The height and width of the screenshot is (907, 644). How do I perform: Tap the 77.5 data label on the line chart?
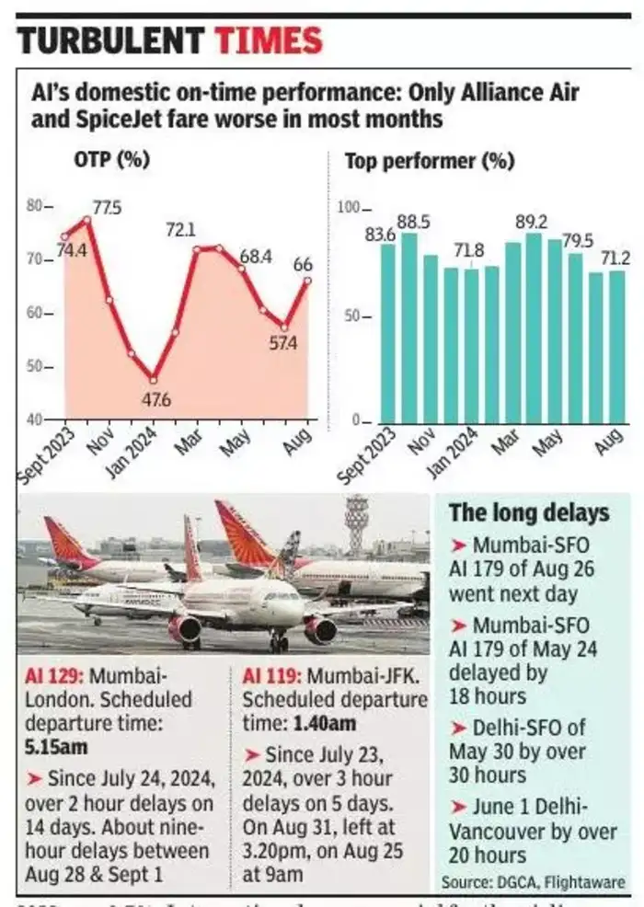107,207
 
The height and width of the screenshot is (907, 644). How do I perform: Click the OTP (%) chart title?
111,159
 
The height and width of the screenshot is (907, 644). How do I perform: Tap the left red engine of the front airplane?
185,628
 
